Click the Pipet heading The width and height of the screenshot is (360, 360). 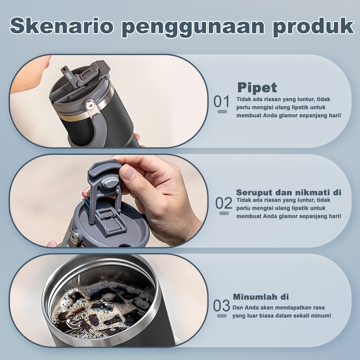pyautogui.click(x=257, y=88)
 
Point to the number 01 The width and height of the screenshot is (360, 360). pyautogui.click(x=221, y=102)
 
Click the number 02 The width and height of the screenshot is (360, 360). pyautogui.click(x=224, y=203)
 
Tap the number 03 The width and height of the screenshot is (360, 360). pyautogui.click(x=221, y=306)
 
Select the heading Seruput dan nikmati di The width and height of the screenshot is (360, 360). pyautogui.click(x=289, y=193)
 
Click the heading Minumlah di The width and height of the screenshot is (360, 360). pyautogui.click(x=261, y=297)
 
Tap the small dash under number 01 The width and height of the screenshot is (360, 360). pyautogui.click(x=222, y=112)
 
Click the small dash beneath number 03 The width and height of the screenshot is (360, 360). pyautogui.click(x=222, y=316)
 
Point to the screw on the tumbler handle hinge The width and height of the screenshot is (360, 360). pyautogui.click(x=90, y=105)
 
